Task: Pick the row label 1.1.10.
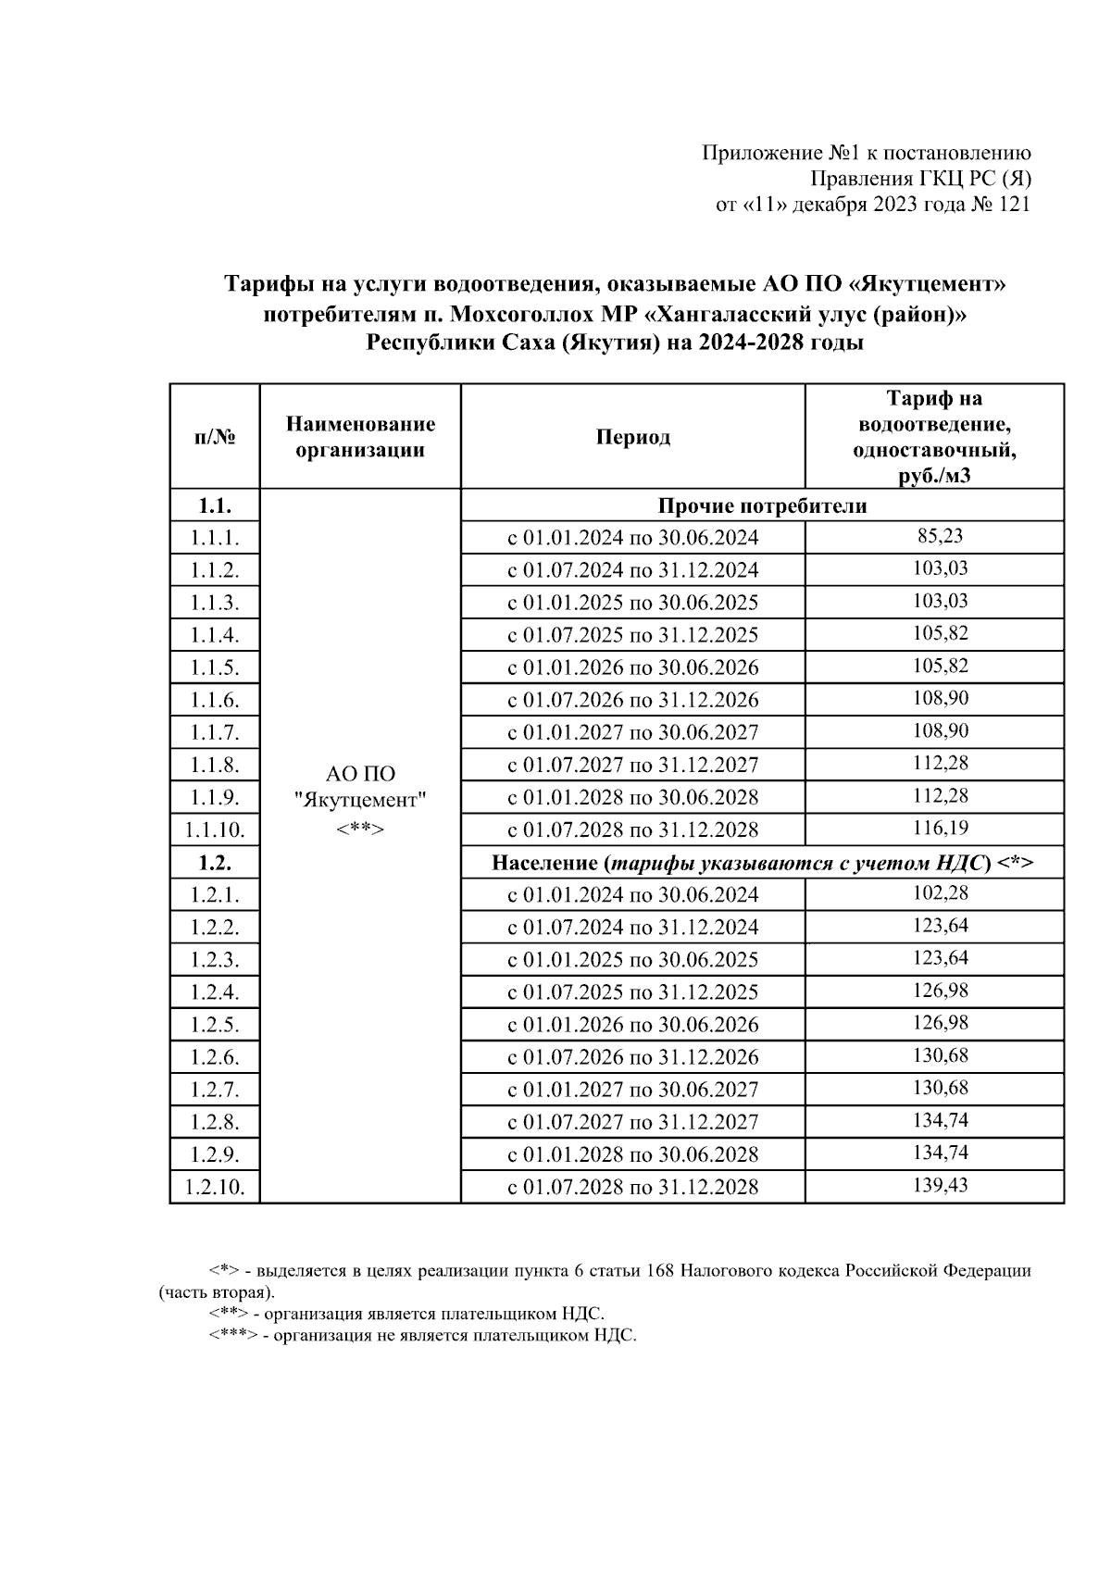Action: [x=215, y=830]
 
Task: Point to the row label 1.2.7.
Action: [x=215, y=1090]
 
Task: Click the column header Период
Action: [x=633, y=438]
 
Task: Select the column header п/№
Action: [x=215, y=438]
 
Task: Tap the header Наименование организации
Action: [x=360, y=438]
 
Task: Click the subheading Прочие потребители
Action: [x=762, y=506]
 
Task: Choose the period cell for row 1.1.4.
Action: [x=633, y=635]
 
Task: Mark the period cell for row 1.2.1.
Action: [x=633, y=895]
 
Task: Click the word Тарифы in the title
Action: [x=268, y=284]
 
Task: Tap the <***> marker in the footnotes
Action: [x=232, y=1336]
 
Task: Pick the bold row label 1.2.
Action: [x=215, y=863]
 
